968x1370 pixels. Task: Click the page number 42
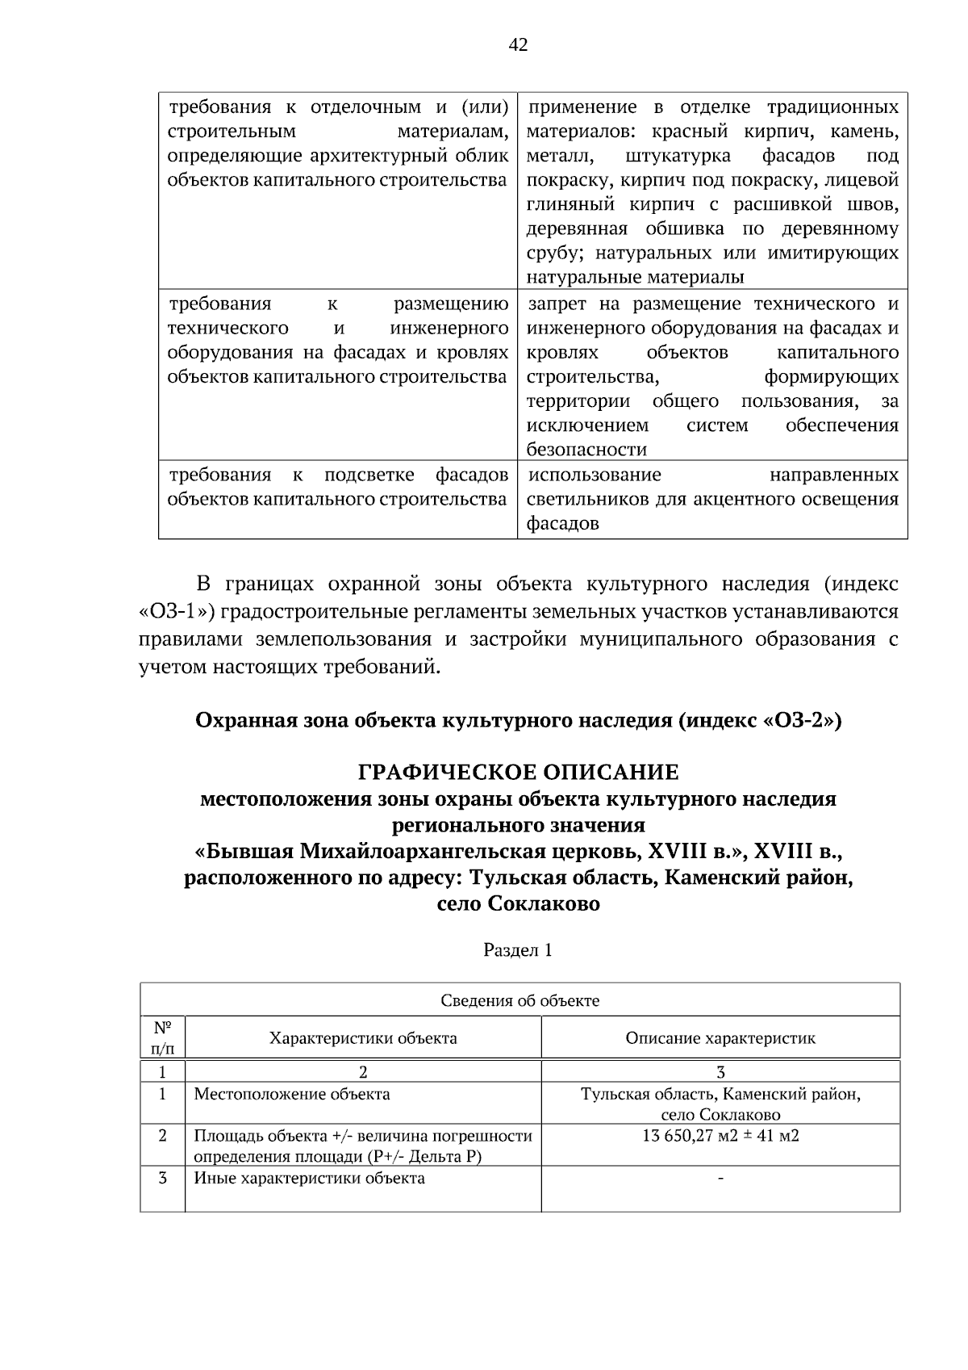coord(518,45)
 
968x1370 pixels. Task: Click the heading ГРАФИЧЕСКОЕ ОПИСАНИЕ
coord(518,773)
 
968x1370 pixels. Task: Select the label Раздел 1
coord(518,949)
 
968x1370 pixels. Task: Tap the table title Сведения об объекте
coord(519,1001)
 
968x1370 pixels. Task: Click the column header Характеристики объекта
coord(363,1038)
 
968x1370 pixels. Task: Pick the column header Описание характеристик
coord(720,1038)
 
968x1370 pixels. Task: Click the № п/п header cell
coord(162,1038)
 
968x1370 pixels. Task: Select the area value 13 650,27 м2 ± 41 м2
coord(720,1136)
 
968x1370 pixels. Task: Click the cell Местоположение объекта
coord(292,1095)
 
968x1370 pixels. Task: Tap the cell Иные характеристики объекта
coord(309,1178)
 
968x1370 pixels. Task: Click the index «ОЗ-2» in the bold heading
coord(802,719)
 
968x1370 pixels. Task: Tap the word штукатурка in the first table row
coord(678,155)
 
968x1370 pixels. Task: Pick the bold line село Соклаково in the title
coord(518,903)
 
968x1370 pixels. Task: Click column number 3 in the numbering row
coord(720,1072)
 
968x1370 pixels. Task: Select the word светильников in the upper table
coord(587,499)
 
